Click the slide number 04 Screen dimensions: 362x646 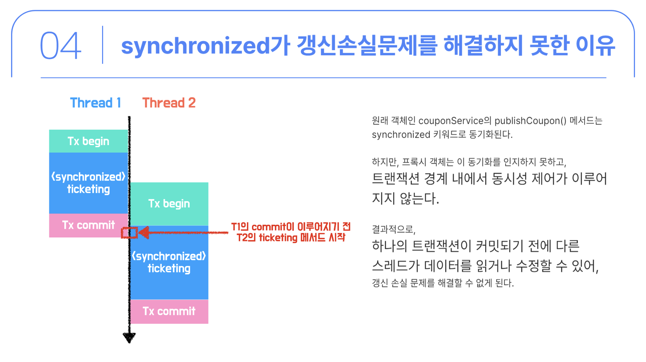point(60,45)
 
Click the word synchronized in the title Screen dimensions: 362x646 point(195,46)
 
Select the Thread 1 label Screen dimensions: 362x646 point(95,103)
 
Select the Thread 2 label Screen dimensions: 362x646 point(169,103)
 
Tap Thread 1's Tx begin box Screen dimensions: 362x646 point(88,141)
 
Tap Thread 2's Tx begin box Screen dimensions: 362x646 point(169,203)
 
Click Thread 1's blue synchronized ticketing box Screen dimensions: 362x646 point(88,183)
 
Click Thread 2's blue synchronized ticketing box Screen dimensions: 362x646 point(169,263)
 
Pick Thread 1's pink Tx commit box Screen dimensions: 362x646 point(88,225)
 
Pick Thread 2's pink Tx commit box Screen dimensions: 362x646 point(169,312)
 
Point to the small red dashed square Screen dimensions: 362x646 point(129,233)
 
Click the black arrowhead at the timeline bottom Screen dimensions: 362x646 point(129,337)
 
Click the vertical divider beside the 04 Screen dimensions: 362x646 point(103,45)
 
